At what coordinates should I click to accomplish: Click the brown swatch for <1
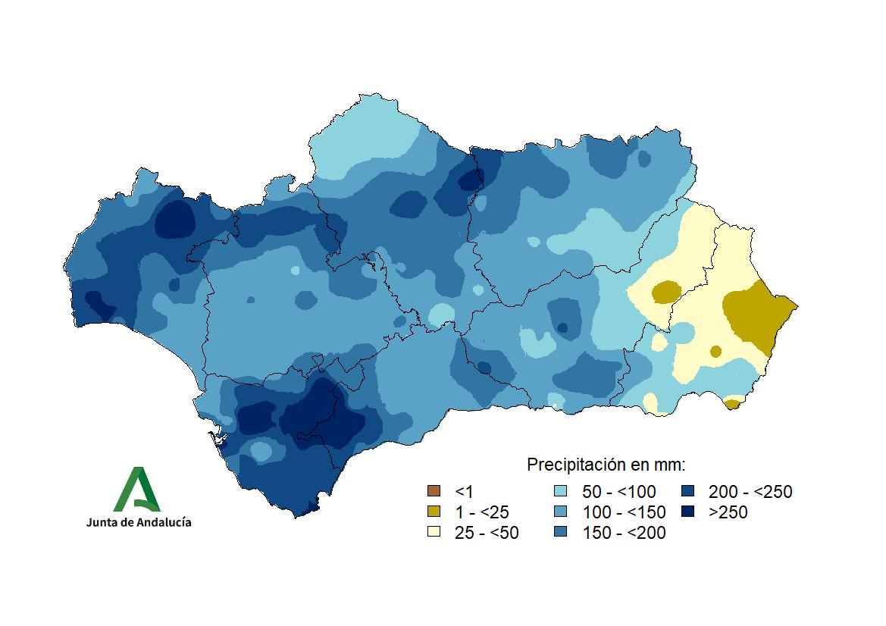434,492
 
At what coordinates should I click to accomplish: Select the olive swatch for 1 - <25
434,512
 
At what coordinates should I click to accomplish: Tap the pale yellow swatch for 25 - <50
434,532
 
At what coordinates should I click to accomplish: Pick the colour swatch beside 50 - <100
562,492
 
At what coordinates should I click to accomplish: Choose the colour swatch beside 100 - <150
562,512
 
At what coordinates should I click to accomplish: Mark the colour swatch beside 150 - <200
562,532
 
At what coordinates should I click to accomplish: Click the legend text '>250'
728,512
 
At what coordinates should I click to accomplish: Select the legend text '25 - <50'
487,533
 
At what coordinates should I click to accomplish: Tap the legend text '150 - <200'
624,533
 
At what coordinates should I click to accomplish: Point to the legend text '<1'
463,493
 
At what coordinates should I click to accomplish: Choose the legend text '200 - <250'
750,493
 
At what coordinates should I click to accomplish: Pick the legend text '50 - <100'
618,493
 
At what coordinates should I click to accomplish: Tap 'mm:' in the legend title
668,464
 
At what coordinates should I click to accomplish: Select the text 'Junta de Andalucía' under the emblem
139,522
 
